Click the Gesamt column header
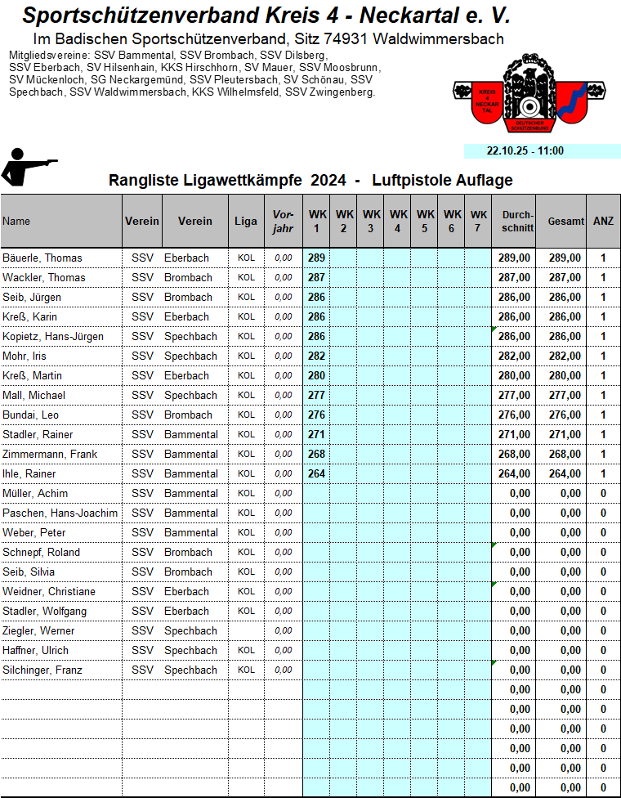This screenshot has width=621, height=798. [565, 221]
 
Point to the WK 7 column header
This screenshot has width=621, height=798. [478, 221]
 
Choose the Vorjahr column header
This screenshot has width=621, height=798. [283, 221]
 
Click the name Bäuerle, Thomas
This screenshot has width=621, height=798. [42, 258]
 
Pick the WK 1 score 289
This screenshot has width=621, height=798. [316, 258]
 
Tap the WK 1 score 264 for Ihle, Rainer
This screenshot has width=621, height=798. [316, 473]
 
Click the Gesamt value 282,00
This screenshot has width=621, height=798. [565, 356]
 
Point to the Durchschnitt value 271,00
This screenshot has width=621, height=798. [514, 434]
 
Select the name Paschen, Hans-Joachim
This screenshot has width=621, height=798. [60, 513]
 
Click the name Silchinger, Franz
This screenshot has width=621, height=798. [42, 670]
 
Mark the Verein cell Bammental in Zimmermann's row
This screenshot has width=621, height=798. [191, 454]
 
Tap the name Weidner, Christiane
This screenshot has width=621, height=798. [49, 591]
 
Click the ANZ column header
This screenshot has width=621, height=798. [603, 221]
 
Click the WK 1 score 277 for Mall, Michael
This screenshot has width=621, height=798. [316, 395]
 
